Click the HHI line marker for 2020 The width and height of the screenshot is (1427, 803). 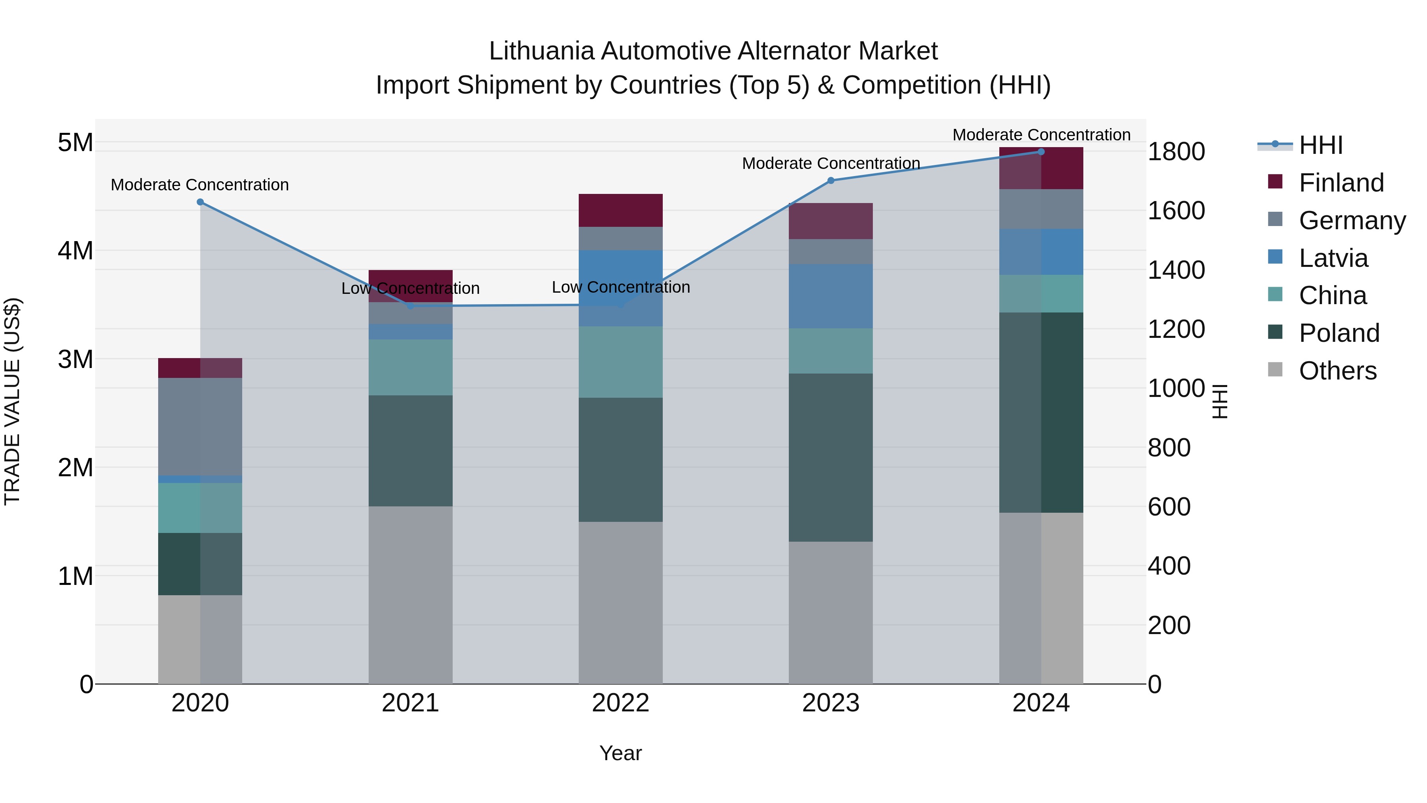point(200,202)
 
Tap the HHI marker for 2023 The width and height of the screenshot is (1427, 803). point(830,181)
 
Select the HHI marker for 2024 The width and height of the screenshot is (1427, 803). point(1041,152)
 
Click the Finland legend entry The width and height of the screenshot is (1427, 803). point(1341,183)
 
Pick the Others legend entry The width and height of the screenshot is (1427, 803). point(1337,371)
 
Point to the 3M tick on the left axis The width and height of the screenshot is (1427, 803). point(75,359)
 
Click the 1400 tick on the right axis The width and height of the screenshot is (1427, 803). point(1176,270)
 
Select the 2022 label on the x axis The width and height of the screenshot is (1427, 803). point(620,703)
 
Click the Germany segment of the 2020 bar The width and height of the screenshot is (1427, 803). point(200,427)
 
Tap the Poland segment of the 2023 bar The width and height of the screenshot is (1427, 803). point(830,457)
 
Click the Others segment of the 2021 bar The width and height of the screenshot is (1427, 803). point(411,595)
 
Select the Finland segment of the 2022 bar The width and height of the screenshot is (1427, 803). point(620,211)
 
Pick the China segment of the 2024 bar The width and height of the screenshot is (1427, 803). point(1041,294)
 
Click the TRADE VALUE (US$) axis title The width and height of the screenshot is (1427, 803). point(12,401)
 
